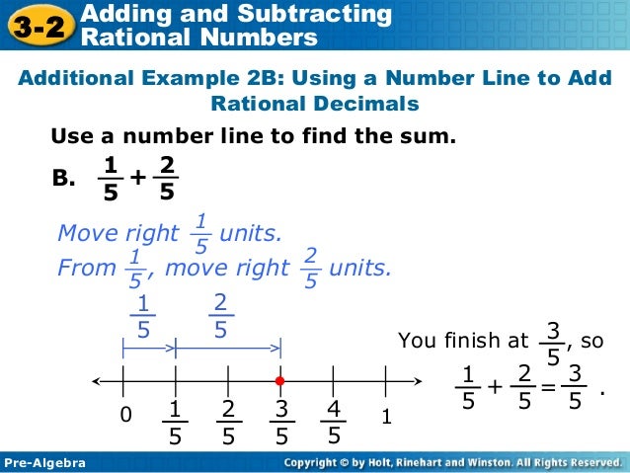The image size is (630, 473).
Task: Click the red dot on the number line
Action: (x=280, y=380)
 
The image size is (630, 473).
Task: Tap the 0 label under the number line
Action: (x=124, y=417)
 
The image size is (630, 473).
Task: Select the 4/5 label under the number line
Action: (x=334, y=422)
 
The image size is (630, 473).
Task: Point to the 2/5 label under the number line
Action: (x=227, y=422)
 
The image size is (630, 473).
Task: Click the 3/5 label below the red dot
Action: (x=281, y=422)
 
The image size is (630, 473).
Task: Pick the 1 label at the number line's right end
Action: (x=387, y=418)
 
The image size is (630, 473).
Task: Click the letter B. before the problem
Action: (x=63, y=179)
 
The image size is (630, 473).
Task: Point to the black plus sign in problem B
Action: (x=136, y=177)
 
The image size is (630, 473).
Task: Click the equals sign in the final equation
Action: (x=548, y=387)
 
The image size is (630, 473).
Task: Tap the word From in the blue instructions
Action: (x=86, y=268)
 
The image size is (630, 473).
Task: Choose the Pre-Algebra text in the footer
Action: (x=45, y=462)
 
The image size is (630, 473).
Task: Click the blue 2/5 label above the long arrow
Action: (x=220, y=316)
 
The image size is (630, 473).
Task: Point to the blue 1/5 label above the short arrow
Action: (x=143, y=316)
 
